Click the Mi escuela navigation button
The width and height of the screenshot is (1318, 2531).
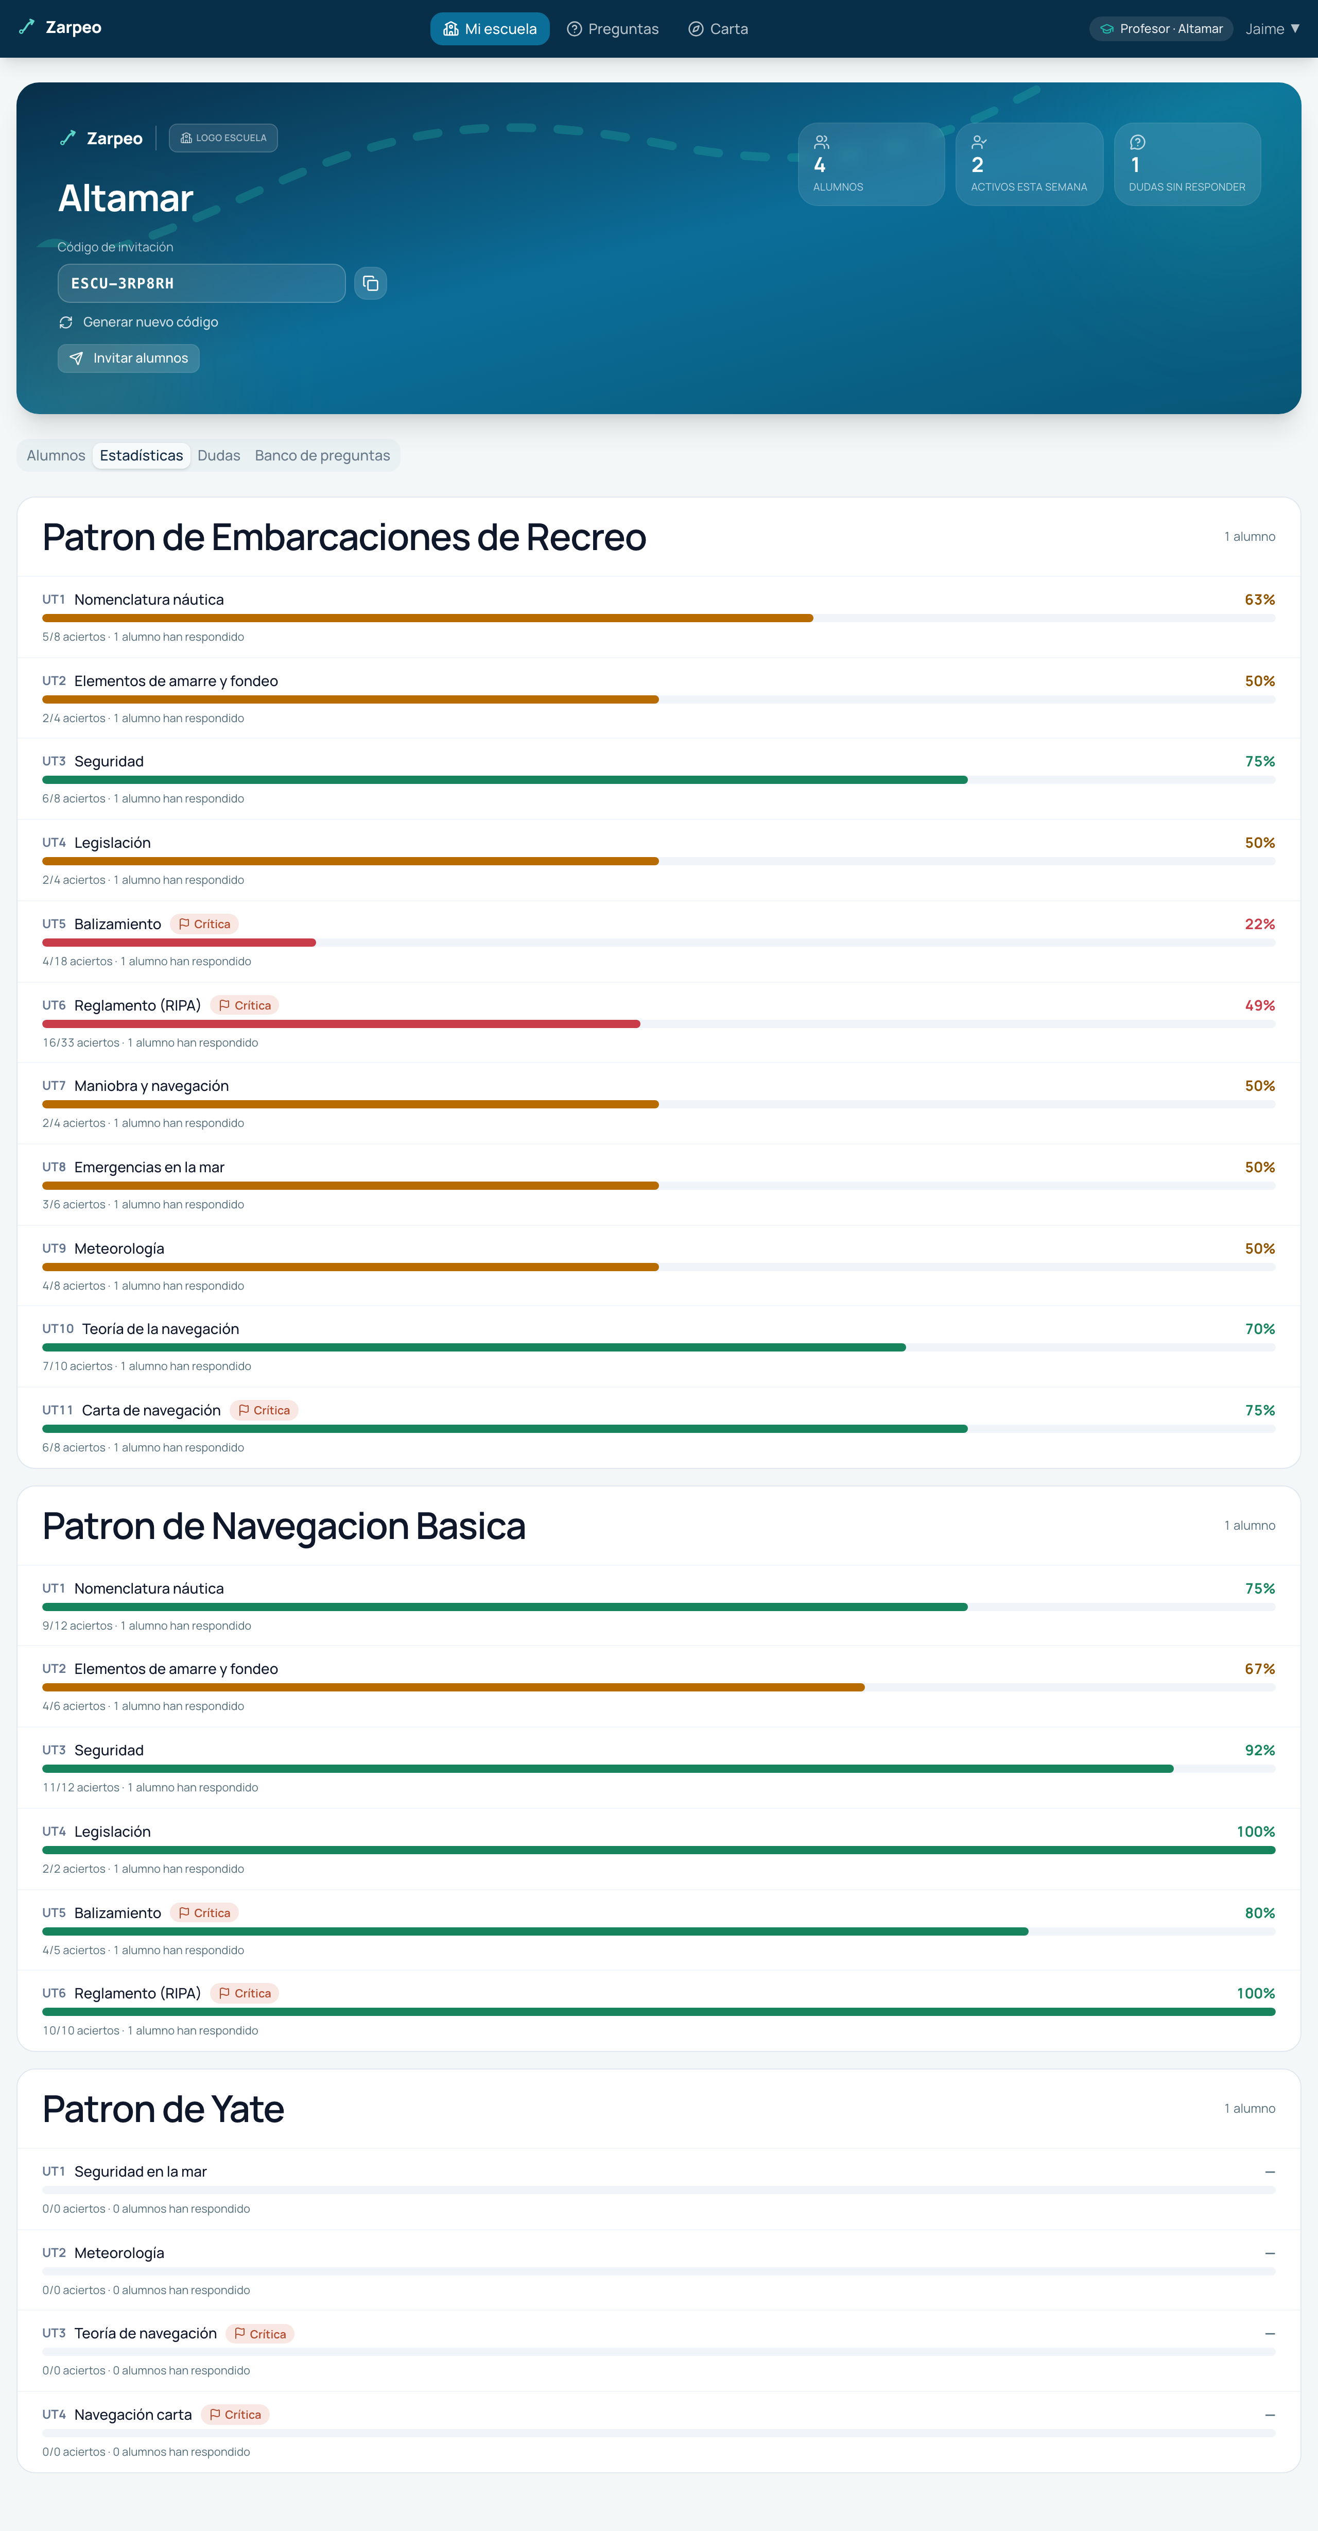pos(489,28)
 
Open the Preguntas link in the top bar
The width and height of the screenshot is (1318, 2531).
pos(613,28)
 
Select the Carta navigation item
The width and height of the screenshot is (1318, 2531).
pos(718,28)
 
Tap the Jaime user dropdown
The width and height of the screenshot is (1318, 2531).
pos(1272,28)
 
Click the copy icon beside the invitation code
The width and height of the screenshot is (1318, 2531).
pos(370,283)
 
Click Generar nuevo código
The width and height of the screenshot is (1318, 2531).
pos(138,322)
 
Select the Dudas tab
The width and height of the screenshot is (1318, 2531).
pos(219,455)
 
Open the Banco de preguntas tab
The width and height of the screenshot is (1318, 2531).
pos(322,455)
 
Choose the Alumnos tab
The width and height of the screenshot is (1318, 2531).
pos(56,455)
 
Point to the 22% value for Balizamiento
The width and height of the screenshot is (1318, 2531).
pos(1260,924)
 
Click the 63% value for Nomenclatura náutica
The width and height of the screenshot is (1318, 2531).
pos(1260,600)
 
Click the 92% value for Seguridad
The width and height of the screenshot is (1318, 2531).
pos(1260,1750)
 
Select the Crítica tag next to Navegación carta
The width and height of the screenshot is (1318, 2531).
pos(236,2414)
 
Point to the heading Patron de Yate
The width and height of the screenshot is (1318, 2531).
pos(163,2109)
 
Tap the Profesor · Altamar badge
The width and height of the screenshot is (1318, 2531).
pos(1161,28)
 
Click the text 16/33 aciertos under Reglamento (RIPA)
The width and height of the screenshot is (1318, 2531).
pos(80,1042)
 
